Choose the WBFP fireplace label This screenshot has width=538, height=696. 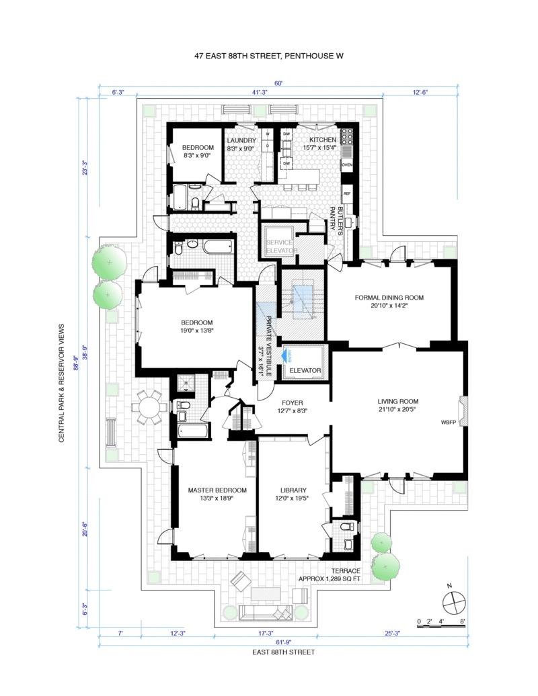pos(449,423)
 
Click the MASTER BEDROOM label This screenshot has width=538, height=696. pos(217,490)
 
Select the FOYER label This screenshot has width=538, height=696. pos(291,403)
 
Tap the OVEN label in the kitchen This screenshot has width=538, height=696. pos(347,165)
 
